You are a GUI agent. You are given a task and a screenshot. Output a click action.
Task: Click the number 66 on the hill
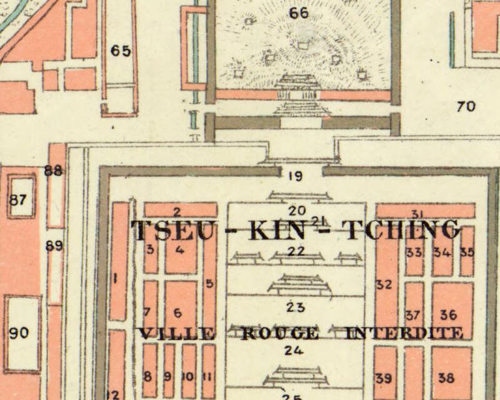pos(300,12)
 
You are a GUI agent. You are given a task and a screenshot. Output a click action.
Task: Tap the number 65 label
pos(121,51)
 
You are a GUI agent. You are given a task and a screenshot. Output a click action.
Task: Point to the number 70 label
pos(466,106)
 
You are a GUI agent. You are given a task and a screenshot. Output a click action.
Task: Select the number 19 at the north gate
pos(295,176)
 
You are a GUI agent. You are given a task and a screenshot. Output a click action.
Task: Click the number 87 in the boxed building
pos(19,200)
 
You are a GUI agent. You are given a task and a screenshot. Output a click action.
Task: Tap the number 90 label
pos(19,333)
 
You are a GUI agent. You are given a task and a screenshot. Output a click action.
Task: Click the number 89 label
pos(54,246)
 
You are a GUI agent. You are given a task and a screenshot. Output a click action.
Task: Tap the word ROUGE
pos(279,333)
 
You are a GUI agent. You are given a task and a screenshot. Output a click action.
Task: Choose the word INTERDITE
pos(404,333)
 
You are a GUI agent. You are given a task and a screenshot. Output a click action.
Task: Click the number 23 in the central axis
pos(295,307)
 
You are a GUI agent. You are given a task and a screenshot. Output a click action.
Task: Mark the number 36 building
pos(448,315)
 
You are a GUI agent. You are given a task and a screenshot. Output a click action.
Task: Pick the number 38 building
pos(446,378)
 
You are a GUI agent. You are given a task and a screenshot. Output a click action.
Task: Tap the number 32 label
pos(384,285)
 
